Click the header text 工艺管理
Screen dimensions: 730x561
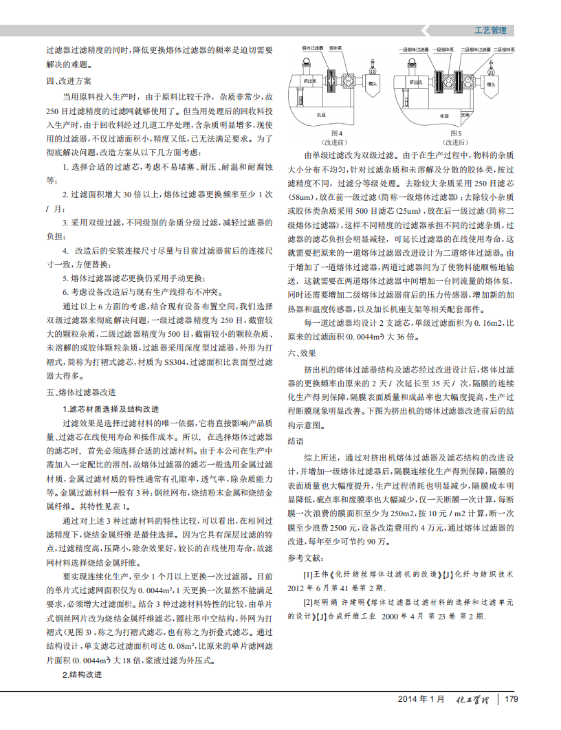tap(490, 30)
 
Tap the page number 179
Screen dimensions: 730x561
tap(510, 700)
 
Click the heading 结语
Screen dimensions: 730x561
tap(296, 441)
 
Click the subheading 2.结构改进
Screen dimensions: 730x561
tap(82, 674)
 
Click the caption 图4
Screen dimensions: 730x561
tap(336, 132)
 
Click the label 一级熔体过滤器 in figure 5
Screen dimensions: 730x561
tap(415, 50)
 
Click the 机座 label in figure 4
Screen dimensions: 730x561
tap(320, 114)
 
